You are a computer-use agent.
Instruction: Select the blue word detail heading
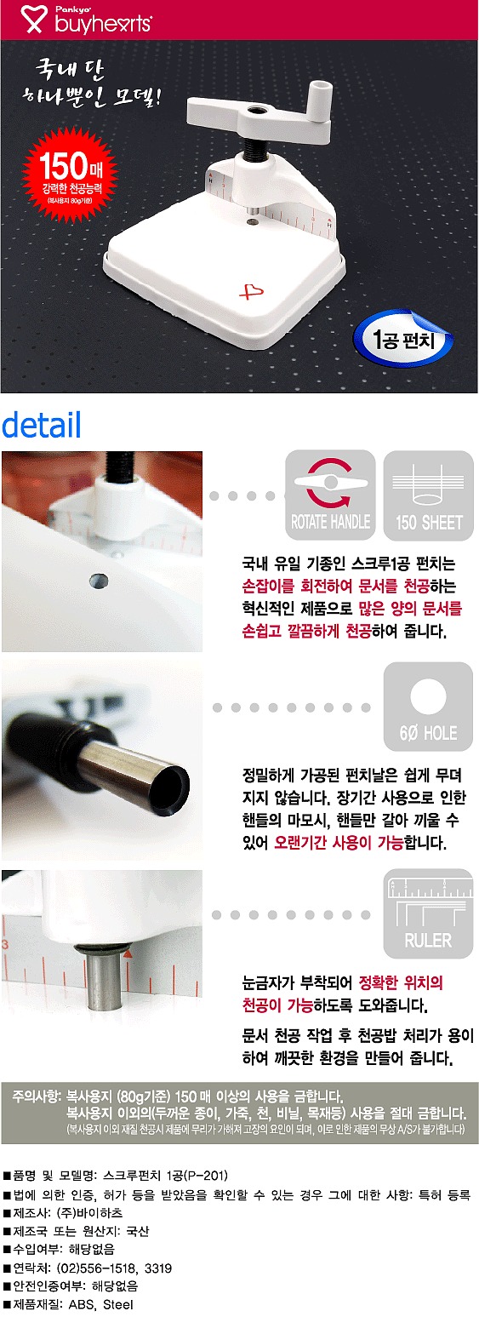(x=42, y=425)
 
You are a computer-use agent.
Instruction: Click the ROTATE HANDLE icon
(x=330, y=495)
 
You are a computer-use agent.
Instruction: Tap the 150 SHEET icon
(x=429, y=495)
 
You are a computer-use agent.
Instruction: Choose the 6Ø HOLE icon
(x=429, y=706)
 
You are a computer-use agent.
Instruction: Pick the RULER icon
(x=429, y=913)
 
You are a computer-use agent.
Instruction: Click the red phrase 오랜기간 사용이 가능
(x=327, y=844)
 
